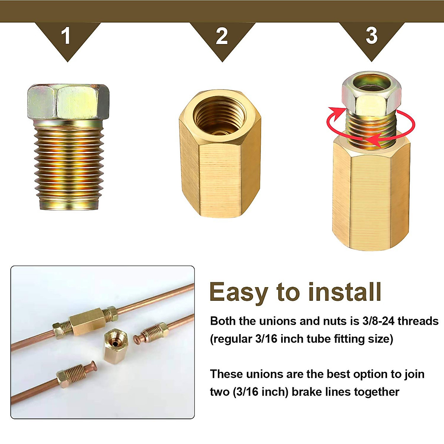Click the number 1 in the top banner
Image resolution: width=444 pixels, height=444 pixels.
click(x=66, y=36)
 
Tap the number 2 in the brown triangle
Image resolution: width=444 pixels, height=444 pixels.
click(x=222, y=36)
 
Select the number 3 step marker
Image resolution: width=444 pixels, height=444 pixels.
click(x=371, y=36)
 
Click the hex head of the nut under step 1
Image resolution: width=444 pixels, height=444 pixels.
click(x=68, y=101)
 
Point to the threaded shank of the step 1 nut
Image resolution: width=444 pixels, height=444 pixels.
click(x=68, y=163)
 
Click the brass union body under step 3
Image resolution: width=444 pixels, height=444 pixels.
click(x=371, y=196)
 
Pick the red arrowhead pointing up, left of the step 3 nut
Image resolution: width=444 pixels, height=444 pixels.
click(x=335, y=111)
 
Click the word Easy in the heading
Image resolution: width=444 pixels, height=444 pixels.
click(x=238, y=292)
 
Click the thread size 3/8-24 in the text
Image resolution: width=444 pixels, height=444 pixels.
click(x=377, y=321)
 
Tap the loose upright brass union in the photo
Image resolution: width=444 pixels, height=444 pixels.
click(x=115, y=346)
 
